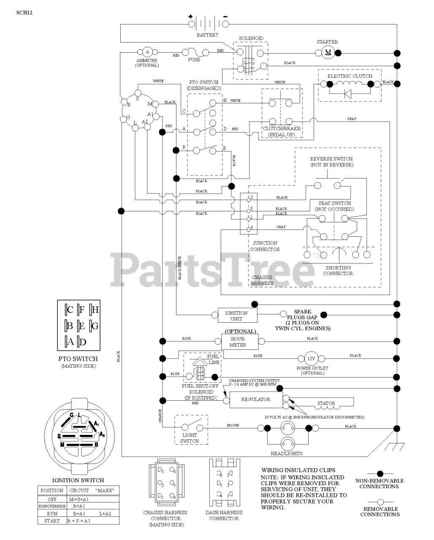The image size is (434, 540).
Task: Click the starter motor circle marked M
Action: click(328, 52)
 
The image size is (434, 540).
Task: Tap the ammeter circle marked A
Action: click(147, 52)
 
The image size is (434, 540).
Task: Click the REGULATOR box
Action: click(256, 400)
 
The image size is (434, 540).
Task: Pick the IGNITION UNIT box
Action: click(236, 316)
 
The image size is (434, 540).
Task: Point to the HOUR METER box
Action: click(238, 342)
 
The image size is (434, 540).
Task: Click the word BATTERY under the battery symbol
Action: click(207, 35)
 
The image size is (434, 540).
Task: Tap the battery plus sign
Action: click(190, 17)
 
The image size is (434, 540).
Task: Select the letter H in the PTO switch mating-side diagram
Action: click(95, 310)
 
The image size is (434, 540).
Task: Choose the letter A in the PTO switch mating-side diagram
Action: click(71, 342)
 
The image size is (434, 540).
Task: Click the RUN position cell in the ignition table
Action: click(52, 513)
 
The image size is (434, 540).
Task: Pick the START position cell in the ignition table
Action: click(52, 521)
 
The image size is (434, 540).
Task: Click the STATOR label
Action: click(326, 403)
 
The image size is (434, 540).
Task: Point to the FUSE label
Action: click(194, 60)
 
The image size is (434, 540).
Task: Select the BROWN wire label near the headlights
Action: click(233, 426)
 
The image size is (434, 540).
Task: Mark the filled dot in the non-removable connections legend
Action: click(380, 473)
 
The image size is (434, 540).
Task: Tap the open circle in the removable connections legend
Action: click(380, 502)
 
